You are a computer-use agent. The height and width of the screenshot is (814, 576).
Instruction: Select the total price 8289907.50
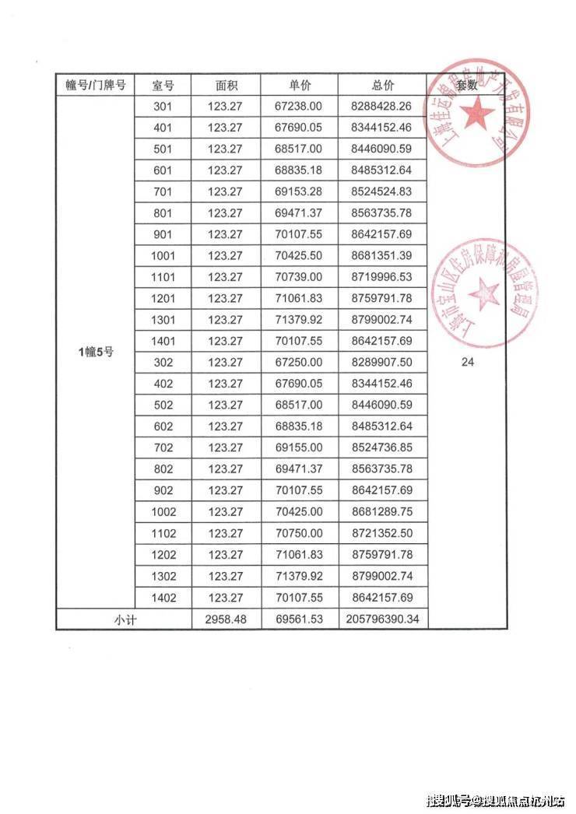383,363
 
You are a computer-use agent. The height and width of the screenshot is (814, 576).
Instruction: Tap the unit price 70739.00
300,277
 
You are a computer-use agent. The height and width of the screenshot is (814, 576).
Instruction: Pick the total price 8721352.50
383,533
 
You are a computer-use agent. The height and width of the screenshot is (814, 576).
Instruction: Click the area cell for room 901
226,234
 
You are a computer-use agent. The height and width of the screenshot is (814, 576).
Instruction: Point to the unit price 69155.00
300,447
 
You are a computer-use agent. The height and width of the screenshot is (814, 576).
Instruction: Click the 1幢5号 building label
96,352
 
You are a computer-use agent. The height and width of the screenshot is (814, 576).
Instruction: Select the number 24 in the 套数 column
468,362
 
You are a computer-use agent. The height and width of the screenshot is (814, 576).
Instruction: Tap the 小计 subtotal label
125,619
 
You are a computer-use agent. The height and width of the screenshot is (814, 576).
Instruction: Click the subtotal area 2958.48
226,619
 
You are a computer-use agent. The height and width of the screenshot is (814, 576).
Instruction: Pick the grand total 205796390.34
383,619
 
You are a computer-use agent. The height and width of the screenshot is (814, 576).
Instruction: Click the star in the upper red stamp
476,117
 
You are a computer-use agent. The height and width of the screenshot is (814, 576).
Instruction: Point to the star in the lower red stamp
486,293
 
